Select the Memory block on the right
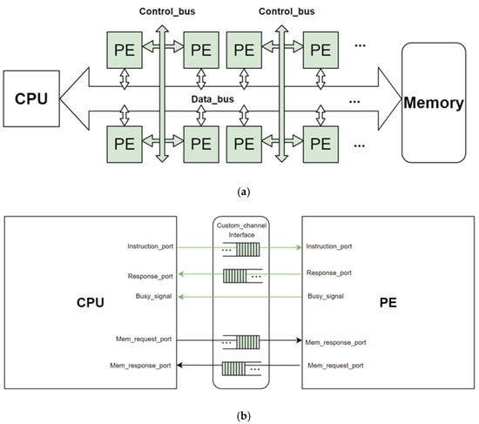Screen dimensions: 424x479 tap(433, 103)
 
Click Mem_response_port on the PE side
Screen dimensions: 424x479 tap(338, 342)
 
